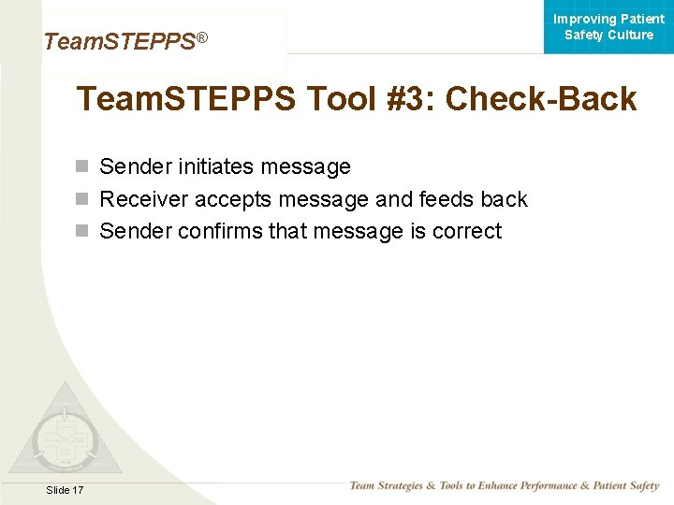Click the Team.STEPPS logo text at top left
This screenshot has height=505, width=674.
119,42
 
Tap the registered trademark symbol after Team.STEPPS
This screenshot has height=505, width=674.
200,37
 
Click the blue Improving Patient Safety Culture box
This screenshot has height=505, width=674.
608,27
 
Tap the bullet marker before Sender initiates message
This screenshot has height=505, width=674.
82,167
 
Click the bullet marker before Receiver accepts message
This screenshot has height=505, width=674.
82,199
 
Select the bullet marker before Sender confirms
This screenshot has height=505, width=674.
82,231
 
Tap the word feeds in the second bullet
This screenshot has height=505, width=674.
447,199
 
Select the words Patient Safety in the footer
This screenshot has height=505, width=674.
621,485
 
